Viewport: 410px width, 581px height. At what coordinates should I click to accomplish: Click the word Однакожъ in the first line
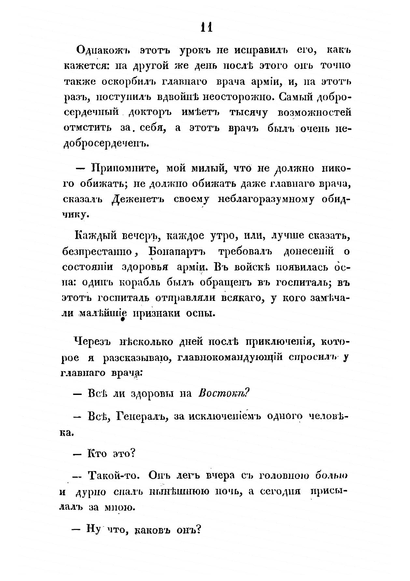pyautogui.click(x=103, y=50)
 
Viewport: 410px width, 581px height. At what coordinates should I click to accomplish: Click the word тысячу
pyautogui.click(x=249, y=113)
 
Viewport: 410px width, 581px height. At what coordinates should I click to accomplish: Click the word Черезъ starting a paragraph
pyautogui.click(x=93, y=342)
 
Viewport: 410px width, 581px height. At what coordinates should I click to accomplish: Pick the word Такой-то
pyautogui.click(x=114, y=476)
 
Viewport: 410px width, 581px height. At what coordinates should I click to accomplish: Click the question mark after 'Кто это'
pyautogui.click(x=132, y=453)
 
